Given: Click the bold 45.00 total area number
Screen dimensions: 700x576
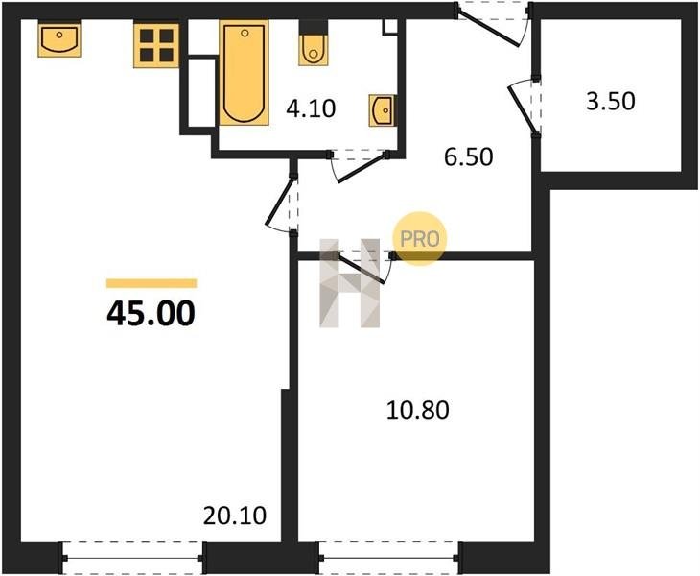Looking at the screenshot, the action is (151, 313).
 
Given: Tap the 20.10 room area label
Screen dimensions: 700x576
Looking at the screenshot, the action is (235, 516).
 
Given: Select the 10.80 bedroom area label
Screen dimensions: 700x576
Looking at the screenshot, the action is (418, 410).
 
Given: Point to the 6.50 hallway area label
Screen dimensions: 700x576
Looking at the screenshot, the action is (469, 156).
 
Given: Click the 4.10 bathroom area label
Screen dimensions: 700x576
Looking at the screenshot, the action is (311, 108).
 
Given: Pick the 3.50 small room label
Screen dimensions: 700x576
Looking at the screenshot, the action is (611, 101).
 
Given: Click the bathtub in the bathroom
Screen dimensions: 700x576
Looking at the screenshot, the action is (245, 72).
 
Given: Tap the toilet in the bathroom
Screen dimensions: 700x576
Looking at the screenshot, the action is (314, 43).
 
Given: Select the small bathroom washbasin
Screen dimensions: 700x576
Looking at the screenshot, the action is (383, 110).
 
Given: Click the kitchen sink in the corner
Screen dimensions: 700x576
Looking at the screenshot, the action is (59, 39).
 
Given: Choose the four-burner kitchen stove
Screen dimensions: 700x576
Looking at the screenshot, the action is (156, 46).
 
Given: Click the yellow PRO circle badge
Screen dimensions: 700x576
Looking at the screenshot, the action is (419, 239).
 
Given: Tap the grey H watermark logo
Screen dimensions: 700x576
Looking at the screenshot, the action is (350, 283).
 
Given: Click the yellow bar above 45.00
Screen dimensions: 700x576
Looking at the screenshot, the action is (152, 283).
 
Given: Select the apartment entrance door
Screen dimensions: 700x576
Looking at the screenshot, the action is (493, 24).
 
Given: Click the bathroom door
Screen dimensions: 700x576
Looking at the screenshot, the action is (359, 165).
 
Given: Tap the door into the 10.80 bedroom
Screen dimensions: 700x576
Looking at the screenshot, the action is (362, 266).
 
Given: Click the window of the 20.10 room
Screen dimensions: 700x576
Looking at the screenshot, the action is (133, 558).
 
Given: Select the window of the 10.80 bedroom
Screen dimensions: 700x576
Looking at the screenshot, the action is (389, 558).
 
